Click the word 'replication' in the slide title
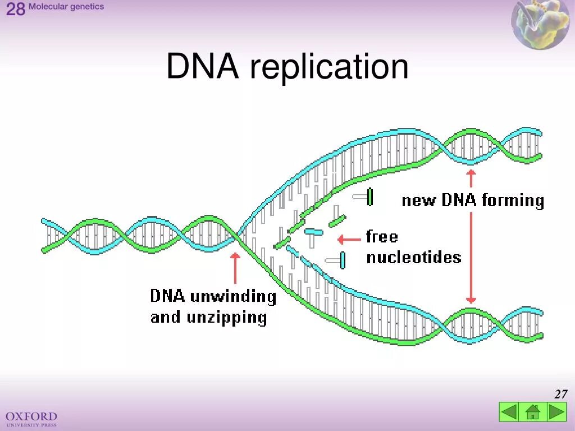pos(329,67)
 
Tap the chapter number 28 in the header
pos(16,10)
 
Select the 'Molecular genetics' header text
pos(66,7)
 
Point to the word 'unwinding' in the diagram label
pos(233,297)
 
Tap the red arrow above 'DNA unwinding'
pos(235,268)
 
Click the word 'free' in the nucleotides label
pos(382,236)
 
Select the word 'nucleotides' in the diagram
pos(413,258)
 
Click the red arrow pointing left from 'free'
pos(349,240)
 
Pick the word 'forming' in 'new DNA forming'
pos(513,200)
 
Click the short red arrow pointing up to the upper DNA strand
pos(471,178)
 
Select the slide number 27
pos(560,394)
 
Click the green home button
pos(533,412)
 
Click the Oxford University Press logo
pos(31,418)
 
